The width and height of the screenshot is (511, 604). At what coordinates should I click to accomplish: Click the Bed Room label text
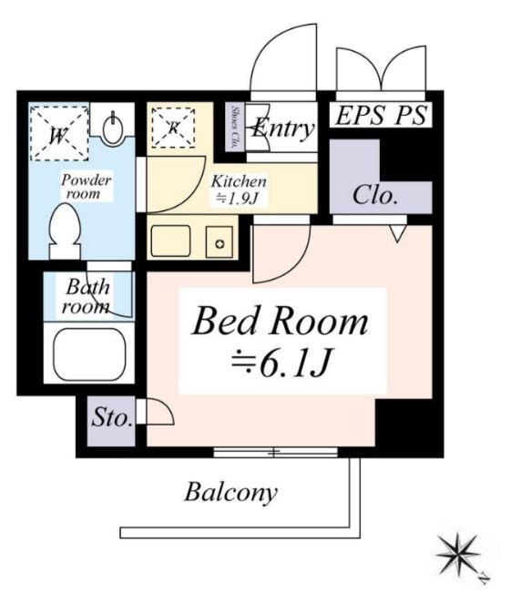281,322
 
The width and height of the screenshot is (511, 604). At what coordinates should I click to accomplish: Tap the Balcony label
230,493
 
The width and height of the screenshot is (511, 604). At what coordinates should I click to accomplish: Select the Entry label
283,128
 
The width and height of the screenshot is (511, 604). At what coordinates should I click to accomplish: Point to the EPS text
360,115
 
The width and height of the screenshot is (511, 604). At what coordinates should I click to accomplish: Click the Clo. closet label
375,195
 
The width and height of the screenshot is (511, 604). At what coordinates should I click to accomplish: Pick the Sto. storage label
112,417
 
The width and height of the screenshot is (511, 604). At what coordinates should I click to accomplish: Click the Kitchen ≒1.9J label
238,189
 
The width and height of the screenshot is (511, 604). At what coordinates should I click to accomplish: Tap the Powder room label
87,187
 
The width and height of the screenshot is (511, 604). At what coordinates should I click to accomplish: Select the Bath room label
87,297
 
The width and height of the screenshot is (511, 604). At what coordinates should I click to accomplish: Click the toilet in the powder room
65,231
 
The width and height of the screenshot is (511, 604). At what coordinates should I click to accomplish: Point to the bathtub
89,354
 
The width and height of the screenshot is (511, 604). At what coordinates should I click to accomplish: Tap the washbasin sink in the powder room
113,128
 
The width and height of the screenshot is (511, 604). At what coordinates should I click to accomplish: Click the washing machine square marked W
59,133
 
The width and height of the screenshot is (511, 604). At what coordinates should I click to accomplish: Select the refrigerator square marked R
173,128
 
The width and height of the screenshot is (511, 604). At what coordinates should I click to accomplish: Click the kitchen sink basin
170,241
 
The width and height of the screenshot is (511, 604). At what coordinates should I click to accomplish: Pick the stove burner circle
220,244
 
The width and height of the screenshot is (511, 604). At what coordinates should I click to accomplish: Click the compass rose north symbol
459,555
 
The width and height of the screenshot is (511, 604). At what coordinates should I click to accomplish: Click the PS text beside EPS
410,115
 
